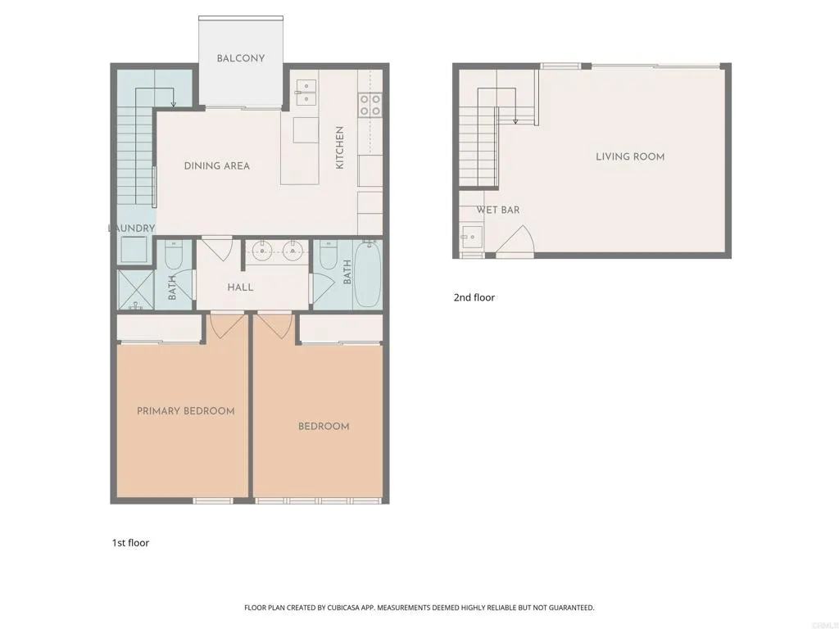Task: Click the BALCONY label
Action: click(240, 58)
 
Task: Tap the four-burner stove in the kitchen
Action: click(370, 105)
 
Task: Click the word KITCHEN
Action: click(339, 147)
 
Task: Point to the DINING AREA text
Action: click(216, 165)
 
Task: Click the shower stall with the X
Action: click(134, 289)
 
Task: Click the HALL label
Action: click(240, 287)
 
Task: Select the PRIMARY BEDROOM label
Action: click(185, 411)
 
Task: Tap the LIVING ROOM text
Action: click(630, 156)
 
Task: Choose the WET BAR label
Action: click(498, 210)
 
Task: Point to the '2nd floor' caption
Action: click(474, 297)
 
